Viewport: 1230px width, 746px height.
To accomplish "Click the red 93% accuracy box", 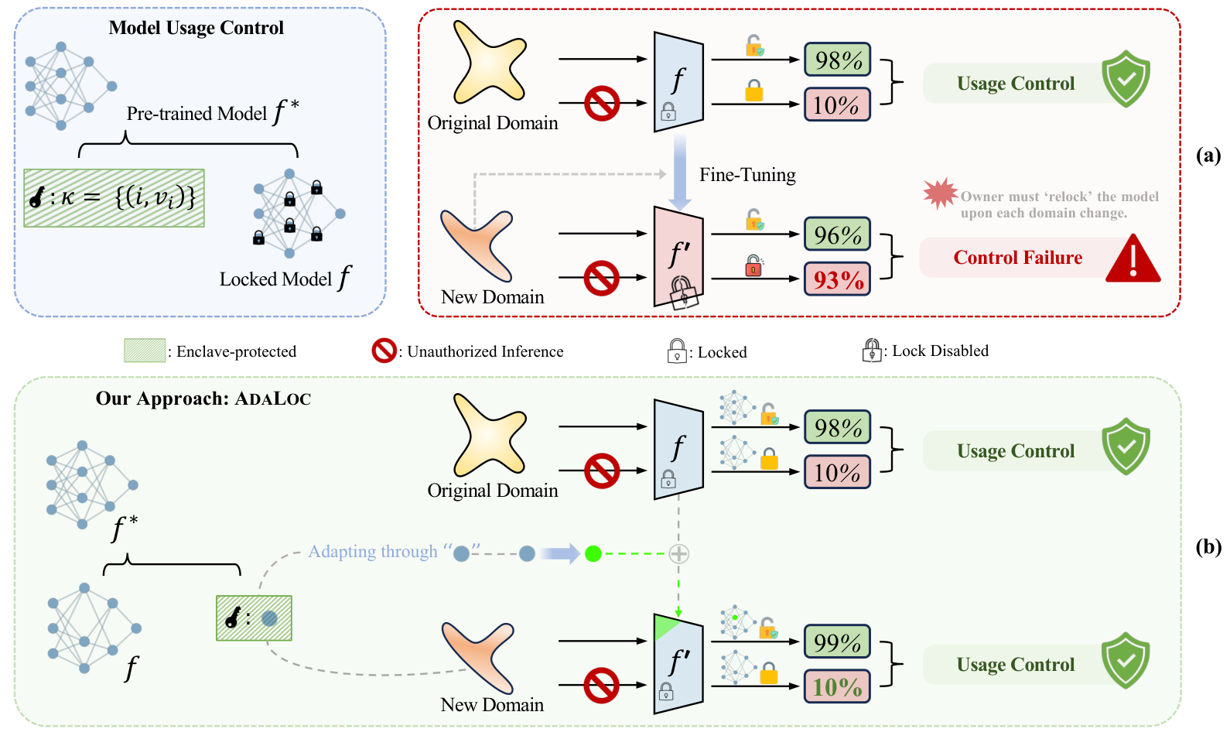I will pos(838,279).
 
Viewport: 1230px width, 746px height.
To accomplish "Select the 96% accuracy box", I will pos(838,234).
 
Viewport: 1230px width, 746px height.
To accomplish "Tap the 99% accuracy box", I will pos(838,642).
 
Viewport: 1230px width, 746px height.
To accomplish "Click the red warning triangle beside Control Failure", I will pos(1133,260).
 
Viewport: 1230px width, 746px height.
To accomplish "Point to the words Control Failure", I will pos(1017,258).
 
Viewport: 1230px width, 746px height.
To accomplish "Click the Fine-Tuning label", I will pos(747,175).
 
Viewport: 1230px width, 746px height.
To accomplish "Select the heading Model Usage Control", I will pos(196,28).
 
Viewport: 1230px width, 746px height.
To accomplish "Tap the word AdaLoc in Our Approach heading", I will pos(273,399).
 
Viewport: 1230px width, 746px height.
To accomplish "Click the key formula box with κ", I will pos(114,198).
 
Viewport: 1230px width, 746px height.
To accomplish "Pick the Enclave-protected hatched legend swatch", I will pos(145,351).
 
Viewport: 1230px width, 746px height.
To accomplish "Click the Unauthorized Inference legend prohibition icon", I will pos(384,351).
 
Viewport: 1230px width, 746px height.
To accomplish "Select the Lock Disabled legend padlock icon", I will pos(872,351).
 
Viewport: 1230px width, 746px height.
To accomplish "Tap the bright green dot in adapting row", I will pos(593,553).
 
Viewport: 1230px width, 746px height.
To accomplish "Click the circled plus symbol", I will pos(678,553).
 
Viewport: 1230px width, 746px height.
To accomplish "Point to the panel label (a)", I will pos(1208,155).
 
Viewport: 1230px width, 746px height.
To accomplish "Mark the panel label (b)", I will pos(1208,547).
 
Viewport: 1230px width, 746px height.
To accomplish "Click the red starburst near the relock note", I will pos(940,193).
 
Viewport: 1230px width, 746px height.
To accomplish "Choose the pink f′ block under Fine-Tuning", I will pos(678,255).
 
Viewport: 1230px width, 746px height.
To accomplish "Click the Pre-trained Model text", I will pos(196,114).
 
